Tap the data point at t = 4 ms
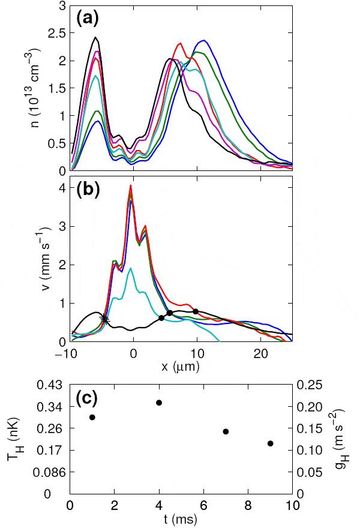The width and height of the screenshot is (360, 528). coord(159,403)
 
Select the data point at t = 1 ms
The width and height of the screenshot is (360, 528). coord(92,417)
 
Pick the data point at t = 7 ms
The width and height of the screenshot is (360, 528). coord(226,431)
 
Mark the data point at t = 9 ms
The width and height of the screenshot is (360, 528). coord(270,443)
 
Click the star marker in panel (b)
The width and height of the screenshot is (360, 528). coord(106,319)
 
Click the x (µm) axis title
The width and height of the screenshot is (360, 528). coord(181,365)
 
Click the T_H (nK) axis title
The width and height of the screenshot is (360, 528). coord(13,439)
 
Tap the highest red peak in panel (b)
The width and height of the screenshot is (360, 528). coord(130,186)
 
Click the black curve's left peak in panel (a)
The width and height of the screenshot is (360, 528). coord(95,37)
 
